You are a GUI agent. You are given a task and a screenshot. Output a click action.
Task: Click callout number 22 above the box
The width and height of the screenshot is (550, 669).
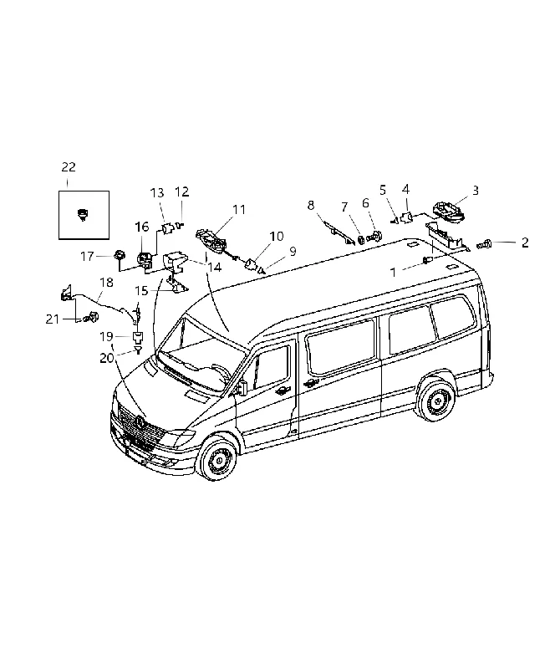coord(69,166)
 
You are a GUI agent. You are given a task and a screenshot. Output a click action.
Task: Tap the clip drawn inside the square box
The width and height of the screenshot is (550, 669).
coord(82,214)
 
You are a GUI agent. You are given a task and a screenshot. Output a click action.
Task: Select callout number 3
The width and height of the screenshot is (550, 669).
coord(475,191)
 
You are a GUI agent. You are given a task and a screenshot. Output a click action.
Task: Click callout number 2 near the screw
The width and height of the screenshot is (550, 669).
coord(525,243)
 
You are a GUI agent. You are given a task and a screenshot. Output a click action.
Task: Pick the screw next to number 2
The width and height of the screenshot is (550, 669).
coord(484,244)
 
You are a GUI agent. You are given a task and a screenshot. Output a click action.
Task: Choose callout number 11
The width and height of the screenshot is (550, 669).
coord(239,210)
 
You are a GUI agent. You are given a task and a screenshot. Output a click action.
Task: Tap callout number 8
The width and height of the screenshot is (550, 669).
coord(310,205)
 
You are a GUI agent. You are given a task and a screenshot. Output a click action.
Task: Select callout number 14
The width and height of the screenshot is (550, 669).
coord(215,268)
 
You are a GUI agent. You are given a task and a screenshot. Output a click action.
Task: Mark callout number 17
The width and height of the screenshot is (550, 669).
coord(87,257)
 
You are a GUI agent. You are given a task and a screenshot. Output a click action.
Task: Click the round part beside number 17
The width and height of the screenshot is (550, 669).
coord(120,256)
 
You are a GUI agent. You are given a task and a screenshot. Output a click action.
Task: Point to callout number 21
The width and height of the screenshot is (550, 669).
coord(53,319)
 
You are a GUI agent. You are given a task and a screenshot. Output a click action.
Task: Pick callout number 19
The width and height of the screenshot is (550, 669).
coord(107,337)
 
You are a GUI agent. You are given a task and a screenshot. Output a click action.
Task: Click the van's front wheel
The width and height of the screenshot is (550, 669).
coord(218,457)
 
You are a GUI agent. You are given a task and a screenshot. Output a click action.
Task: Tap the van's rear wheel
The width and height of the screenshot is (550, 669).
coord(436,401)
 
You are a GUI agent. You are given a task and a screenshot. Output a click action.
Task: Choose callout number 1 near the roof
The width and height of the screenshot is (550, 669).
coord(393,272)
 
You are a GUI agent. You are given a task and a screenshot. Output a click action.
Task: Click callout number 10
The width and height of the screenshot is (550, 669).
coord(277,236)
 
